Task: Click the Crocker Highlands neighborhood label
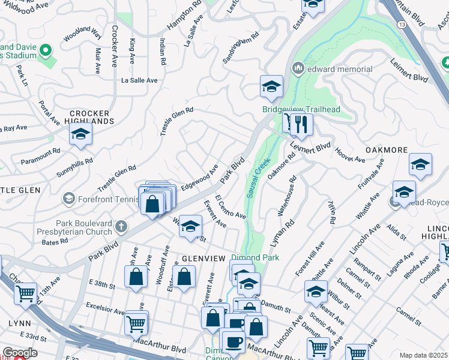(x=90, y=117)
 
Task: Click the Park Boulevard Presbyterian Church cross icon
(x=121, y=226)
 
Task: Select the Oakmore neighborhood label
(x=387, y=150)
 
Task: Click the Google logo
(x=20, y=353)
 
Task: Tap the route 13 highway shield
(x=400, y=23)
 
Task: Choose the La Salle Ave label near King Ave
(x=139, y=80)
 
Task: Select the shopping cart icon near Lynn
(x=25, y=293)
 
